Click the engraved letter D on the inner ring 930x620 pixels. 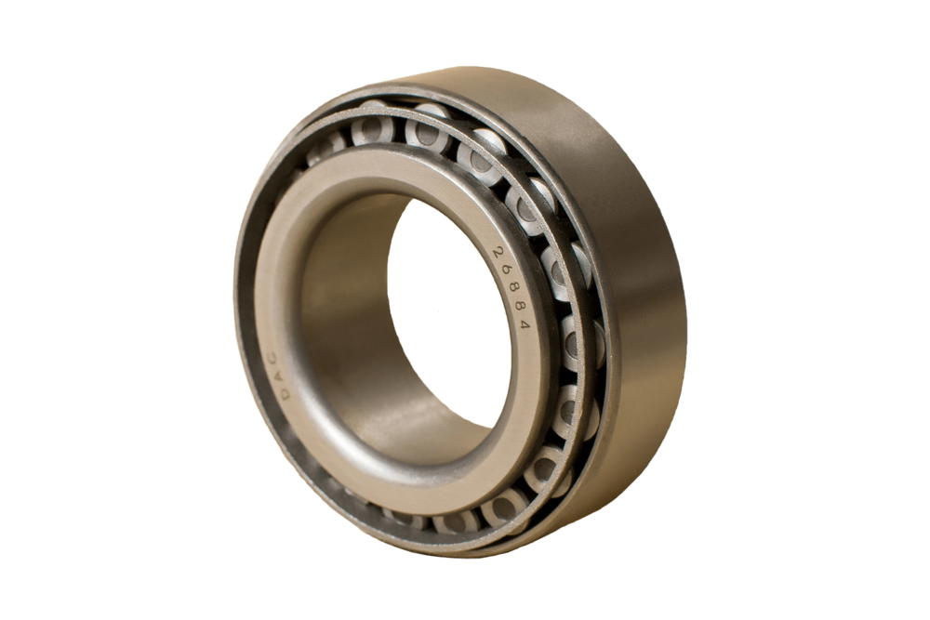(x=286, y=393)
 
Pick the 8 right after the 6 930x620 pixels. (x=515, y=288)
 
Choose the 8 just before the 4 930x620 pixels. (x=521, y=306)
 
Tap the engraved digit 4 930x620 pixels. (x=525, y=323)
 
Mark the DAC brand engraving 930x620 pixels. (x=279, y=376)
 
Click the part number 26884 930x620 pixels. (x=511, y=288)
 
